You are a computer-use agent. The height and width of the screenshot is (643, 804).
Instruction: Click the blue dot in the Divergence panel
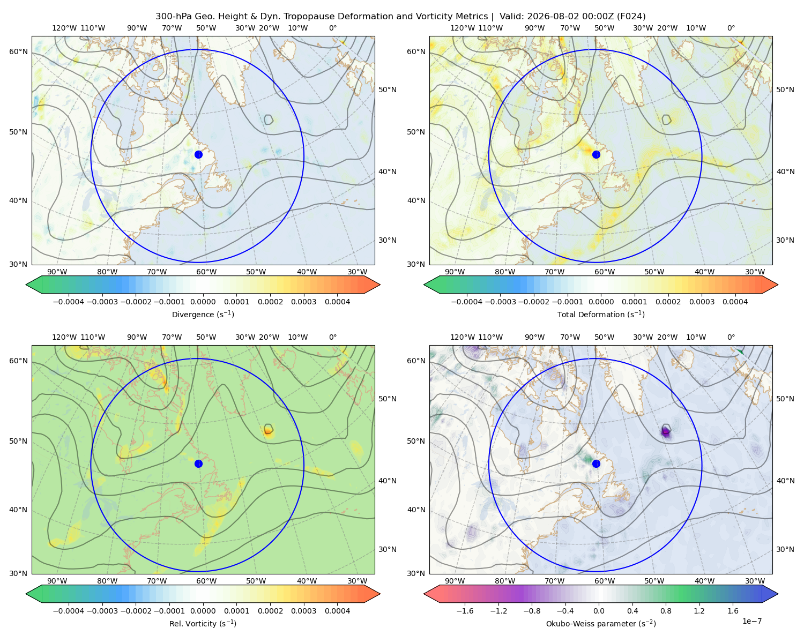coord(198,154)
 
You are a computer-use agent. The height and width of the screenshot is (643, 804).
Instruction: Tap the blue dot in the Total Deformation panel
coord(596,154)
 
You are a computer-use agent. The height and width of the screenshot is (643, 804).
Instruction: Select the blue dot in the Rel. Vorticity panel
coord(198,463)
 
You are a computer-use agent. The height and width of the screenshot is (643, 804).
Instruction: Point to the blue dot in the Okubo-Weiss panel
coord(596,463)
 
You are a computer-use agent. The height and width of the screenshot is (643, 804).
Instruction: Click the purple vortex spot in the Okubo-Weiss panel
coord(665,432)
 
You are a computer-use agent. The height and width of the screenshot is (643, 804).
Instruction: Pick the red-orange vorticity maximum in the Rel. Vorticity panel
coord(268,431)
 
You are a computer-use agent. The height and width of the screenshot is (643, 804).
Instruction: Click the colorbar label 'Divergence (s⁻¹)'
coord(203,314)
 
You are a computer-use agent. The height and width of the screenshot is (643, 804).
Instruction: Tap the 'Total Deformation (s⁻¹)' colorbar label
coord(601,314)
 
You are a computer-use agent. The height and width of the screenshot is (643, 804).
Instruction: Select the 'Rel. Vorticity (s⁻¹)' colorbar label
coord(203,623)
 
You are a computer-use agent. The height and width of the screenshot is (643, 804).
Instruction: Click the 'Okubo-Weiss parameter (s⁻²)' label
coord(601,623)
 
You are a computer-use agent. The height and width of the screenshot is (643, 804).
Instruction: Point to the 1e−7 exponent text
coord(751,621)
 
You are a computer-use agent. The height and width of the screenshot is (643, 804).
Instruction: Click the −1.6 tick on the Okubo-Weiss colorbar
coord(465,610)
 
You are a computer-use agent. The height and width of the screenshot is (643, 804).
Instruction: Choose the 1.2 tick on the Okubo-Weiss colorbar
coord(699,610)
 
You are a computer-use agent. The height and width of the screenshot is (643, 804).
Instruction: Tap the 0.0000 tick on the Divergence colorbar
coord(203,302)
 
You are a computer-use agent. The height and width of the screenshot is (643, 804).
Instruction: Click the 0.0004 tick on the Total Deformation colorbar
coord(735,302)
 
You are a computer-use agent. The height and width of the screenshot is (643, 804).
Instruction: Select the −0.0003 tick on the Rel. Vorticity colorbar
coord(102,610)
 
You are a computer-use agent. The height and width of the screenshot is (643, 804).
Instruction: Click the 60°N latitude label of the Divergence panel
coord(18,51)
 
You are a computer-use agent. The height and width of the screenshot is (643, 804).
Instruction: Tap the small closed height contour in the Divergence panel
coord(269,119)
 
